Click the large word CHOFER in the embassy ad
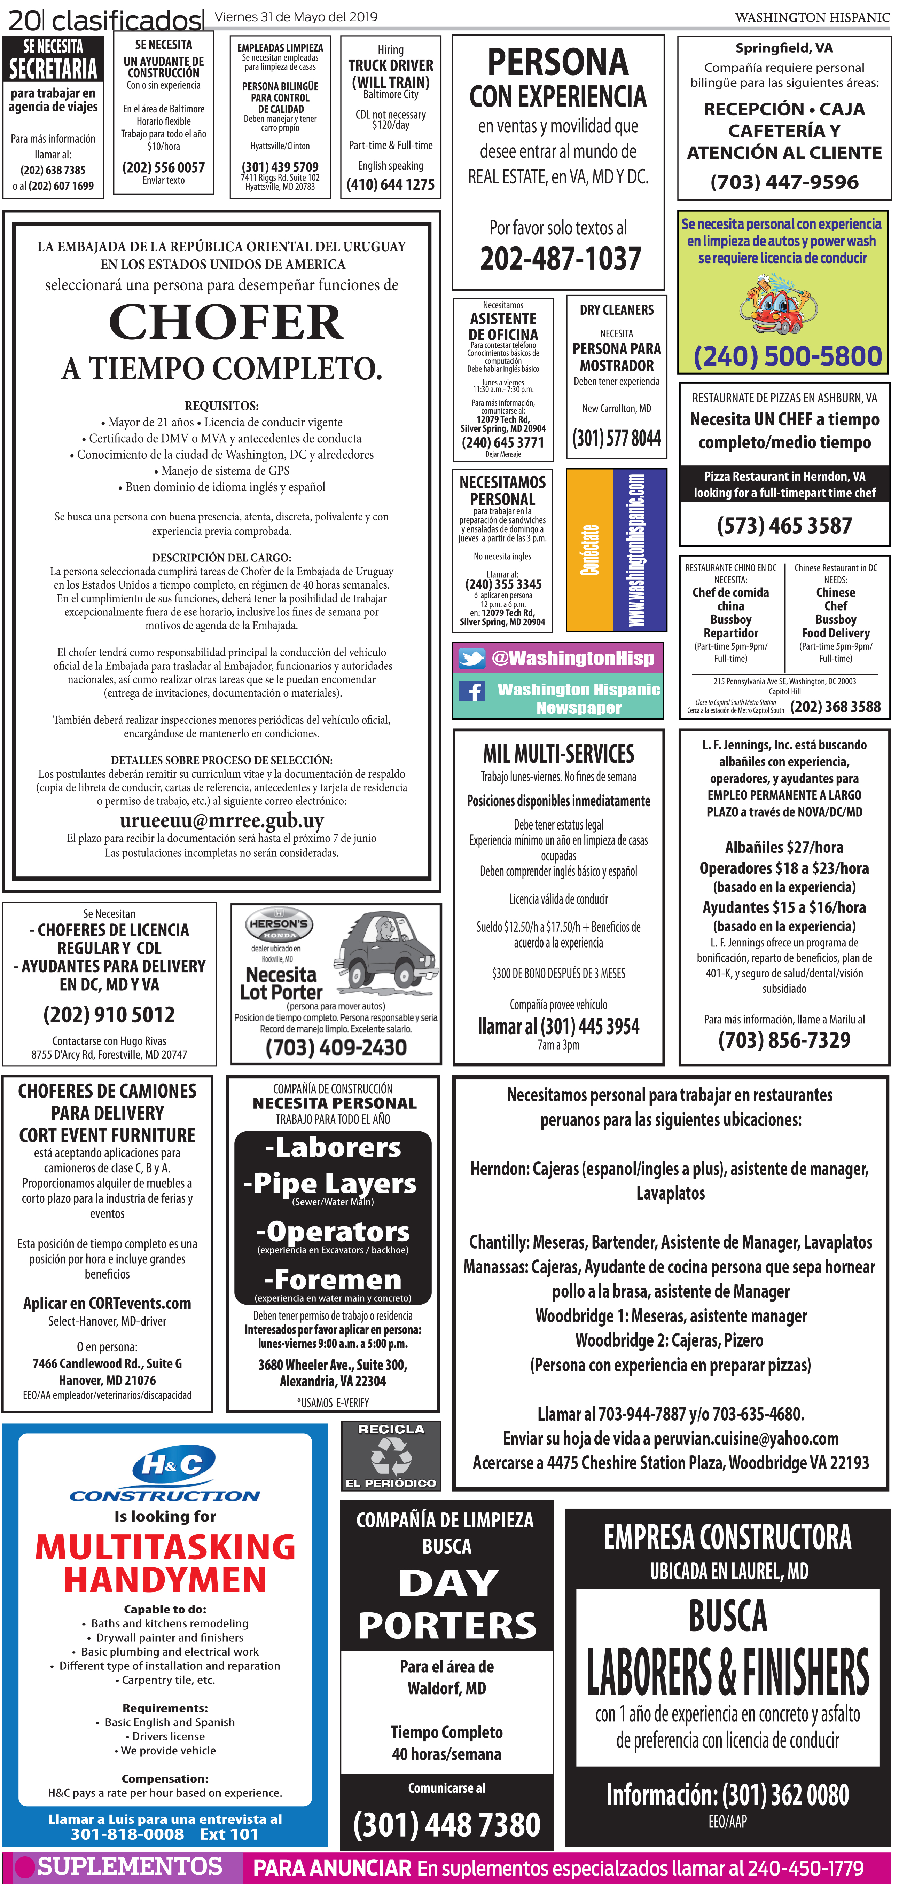[226, 322]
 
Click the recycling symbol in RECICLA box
[391, 1455]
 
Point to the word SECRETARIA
[53, 69]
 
